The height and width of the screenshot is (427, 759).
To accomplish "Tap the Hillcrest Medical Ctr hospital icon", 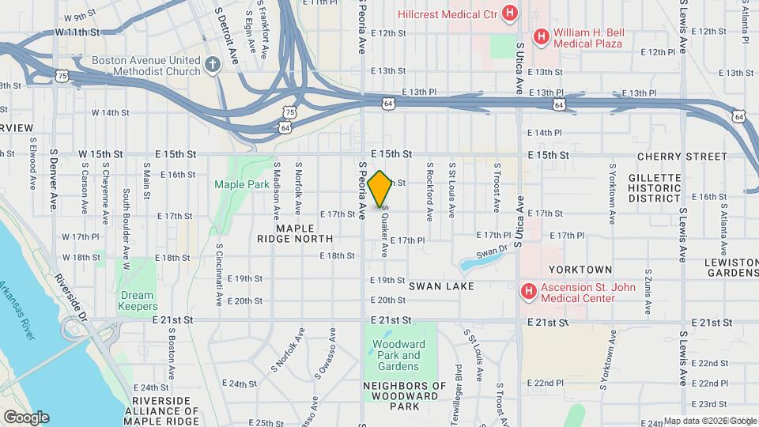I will click(510, 13).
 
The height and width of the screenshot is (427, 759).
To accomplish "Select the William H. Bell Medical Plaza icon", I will click(542, 36).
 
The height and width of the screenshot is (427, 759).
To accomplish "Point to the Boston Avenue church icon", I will click(212, 66).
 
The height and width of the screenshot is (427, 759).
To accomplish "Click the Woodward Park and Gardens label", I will click(399, 355).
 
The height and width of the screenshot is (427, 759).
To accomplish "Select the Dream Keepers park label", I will click(138, 300).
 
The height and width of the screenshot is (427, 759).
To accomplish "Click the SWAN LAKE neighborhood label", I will click(441, 285).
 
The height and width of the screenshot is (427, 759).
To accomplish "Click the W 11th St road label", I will click(77, 32).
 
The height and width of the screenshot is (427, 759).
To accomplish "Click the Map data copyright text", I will click(709, 421).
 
